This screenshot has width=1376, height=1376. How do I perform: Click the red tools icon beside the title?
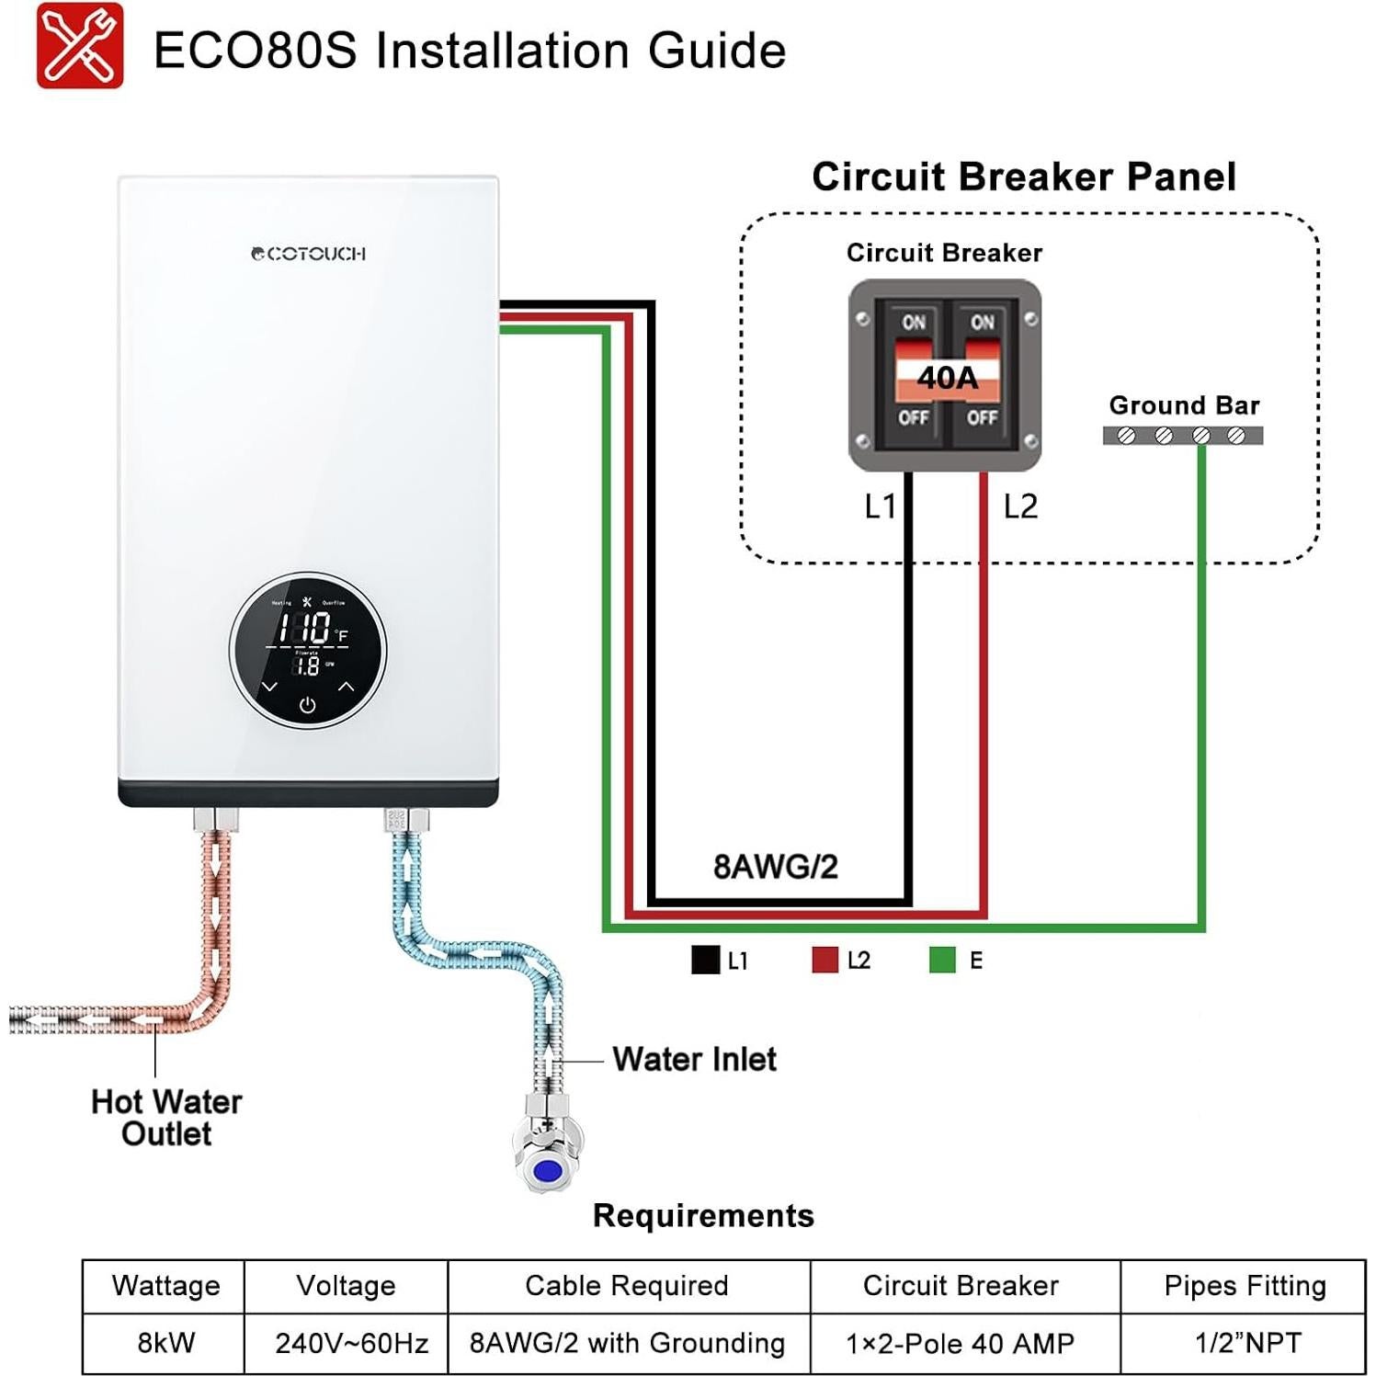[x=80, y=46]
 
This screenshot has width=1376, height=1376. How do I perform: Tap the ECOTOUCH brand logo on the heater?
[x=309, y=254]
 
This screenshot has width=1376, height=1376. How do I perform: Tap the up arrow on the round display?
[x=346, y=686]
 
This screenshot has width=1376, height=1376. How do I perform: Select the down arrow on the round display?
[x=269, y=686]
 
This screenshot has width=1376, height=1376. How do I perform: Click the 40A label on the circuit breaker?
[x=947, y=378]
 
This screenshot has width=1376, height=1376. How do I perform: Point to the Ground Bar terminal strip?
[x=1182, y=436]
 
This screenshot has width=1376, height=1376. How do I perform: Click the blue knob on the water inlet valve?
[x=548, y=1171]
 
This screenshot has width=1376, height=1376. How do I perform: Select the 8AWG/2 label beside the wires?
[x=775, y=867]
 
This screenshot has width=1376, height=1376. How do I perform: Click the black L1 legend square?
[x=705, y=960]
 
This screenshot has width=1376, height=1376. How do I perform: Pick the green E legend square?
[x=942, y=960]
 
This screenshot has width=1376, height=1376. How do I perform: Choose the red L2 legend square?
[x=824, y=960]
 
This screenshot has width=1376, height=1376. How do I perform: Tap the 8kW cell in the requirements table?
[x=165, y=1343]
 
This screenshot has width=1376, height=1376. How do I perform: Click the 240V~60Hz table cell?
[x=351, y=1343]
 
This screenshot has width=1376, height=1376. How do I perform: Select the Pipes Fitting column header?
[x=1245, y=1286]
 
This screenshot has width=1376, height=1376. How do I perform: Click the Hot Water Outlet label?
[x=166, y=1117]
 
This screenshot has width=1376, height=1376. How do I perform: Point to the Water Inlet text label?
[x=694, y=1059]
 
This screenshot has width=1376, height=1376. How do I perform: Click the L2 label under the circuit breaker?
[x=1020, y=506]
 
